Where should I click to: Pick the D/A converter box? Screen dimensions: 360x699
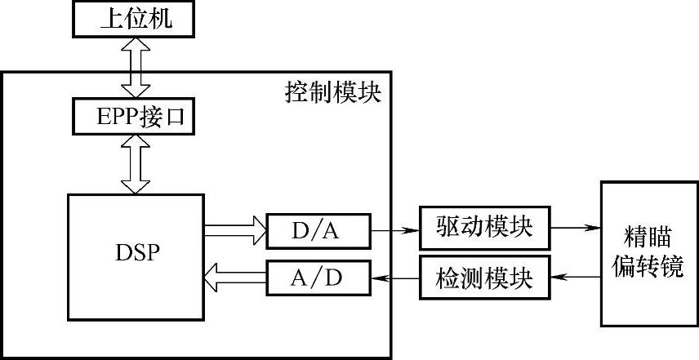tap(318, 231)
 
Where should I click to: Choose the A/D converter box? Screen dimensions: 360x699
tap(318, 278)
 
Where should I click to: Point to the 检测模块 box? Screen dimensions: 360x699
tap(484, 278)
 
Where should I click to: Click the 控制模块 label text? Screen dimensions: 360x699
tap(332, 91)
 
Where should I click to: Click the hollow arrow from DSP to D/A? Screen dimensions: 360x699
tap(235, 231)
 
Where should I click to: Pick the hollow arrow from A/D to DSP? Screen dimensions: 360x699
tap(235, 278)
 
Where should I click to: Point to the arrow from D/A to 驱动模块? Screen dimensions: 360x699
tap(394, 231)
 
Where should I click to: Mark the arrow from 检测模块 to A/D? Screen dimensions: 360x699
tap(394, 278)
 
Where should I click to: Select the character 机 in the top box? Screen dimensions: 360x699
tap(163, 19)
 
